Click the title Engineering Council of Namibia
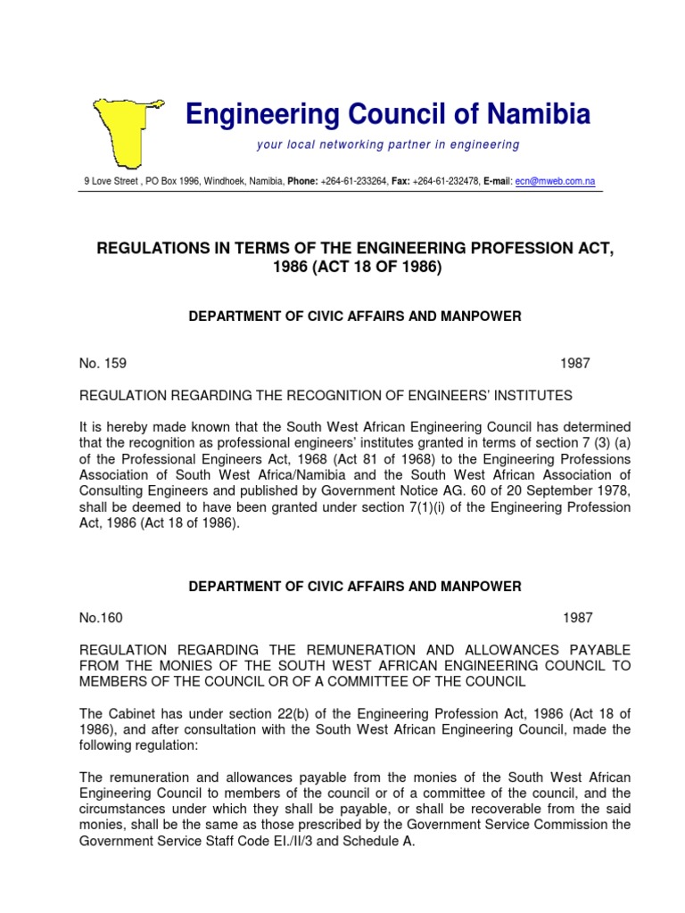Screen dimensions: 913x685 coord(387,114)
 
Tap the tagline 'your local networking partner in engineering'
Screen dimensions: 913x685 coord(387,144)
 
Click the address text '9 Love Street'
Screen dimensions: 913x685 coord(111,181)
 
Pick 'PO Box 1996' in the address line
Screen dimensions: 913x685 coord(172,181)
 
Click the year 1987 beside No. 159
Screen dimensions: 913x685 coord(575,364)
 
